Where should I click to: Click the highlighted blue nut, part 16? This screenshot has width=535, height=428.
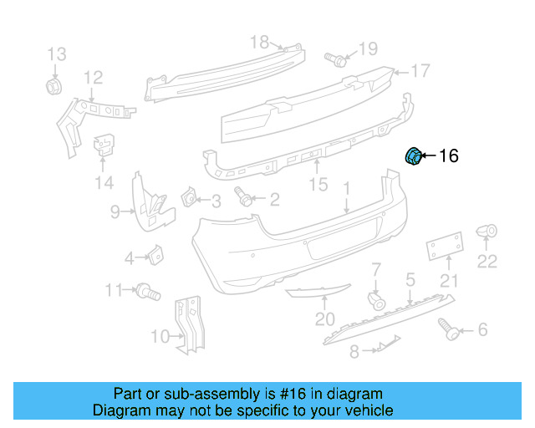tap(413, 156)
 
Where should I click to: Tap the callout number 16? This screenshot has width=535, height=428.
tap(448, 156)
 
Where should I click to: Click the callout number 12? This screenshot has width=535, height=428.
tap(92, 78)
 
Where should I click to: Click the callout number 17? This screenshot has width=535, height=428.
tap(420, 70)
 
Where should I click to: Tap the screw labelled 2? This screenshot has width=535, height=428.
tap(245, 198)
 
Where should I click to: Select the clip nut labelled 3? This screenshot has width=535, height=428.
tap(189, 198)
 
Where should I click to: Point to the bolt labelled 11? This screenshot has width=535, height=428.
tap(149, 291)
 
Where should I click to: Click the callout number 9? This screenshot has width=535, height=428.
tap(116, 212)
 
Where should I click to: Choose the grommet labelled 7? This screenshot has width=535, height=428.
tap(376, 300)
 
